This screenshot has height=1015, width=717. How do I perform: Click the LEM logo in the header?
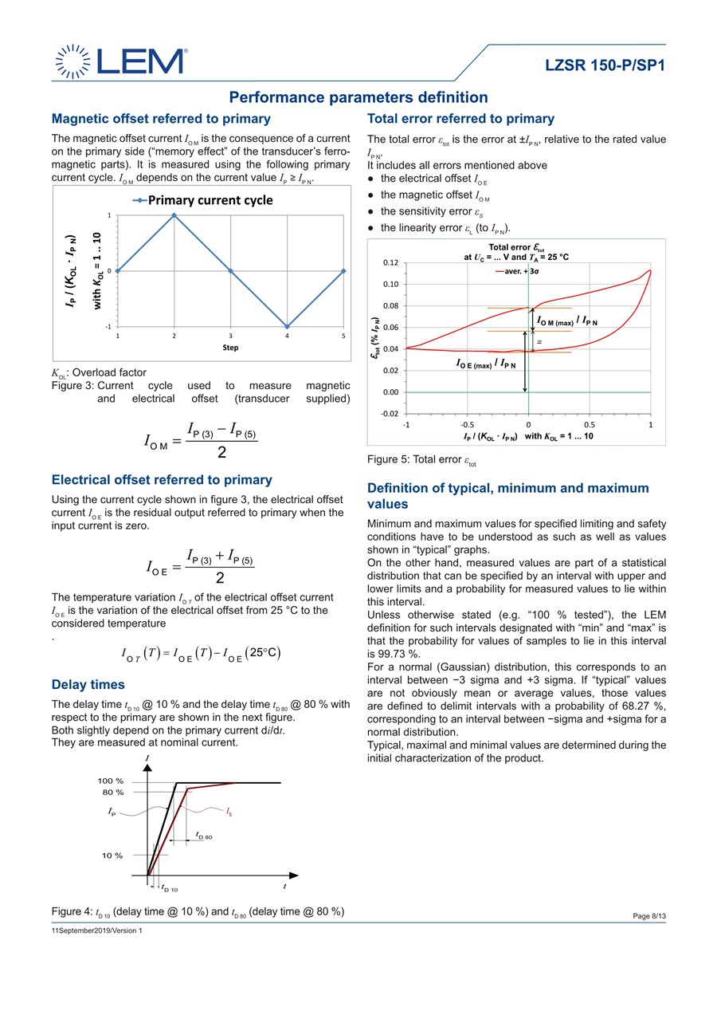tap(119, 62)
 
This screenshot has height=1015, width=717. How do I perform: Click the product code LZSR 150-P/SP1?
tap(605, 65)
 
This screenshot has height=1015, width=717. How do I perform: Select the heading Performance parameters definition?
tap(358, 97)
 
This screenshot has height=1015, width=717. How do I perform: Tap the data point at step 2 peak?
tap(174, 215)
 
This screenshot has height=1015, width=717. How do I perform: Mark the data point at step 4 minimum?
tap(288, 326)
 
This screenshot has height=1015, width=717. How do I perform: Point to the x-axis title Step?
tap(230, 347)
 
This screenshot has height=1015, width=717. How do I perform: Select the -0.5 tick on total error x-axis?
tap(467, 425)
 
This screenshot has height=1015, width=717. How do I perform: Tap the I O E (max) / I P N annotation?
tap(485, 364)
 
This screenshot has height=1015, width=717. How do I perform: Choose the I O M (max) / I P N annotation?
tap(566, 321)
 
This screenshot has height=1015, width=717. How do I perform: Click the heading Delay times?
tap(88, 685)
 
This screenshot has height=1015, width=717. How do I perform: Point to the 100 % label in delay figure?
tap(111, 781)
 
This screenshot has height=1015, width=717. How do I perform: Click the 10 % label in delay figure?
tap(111, 856)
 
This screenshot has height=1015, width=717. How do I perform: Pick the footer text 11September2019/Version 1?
tap(96, 930)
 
